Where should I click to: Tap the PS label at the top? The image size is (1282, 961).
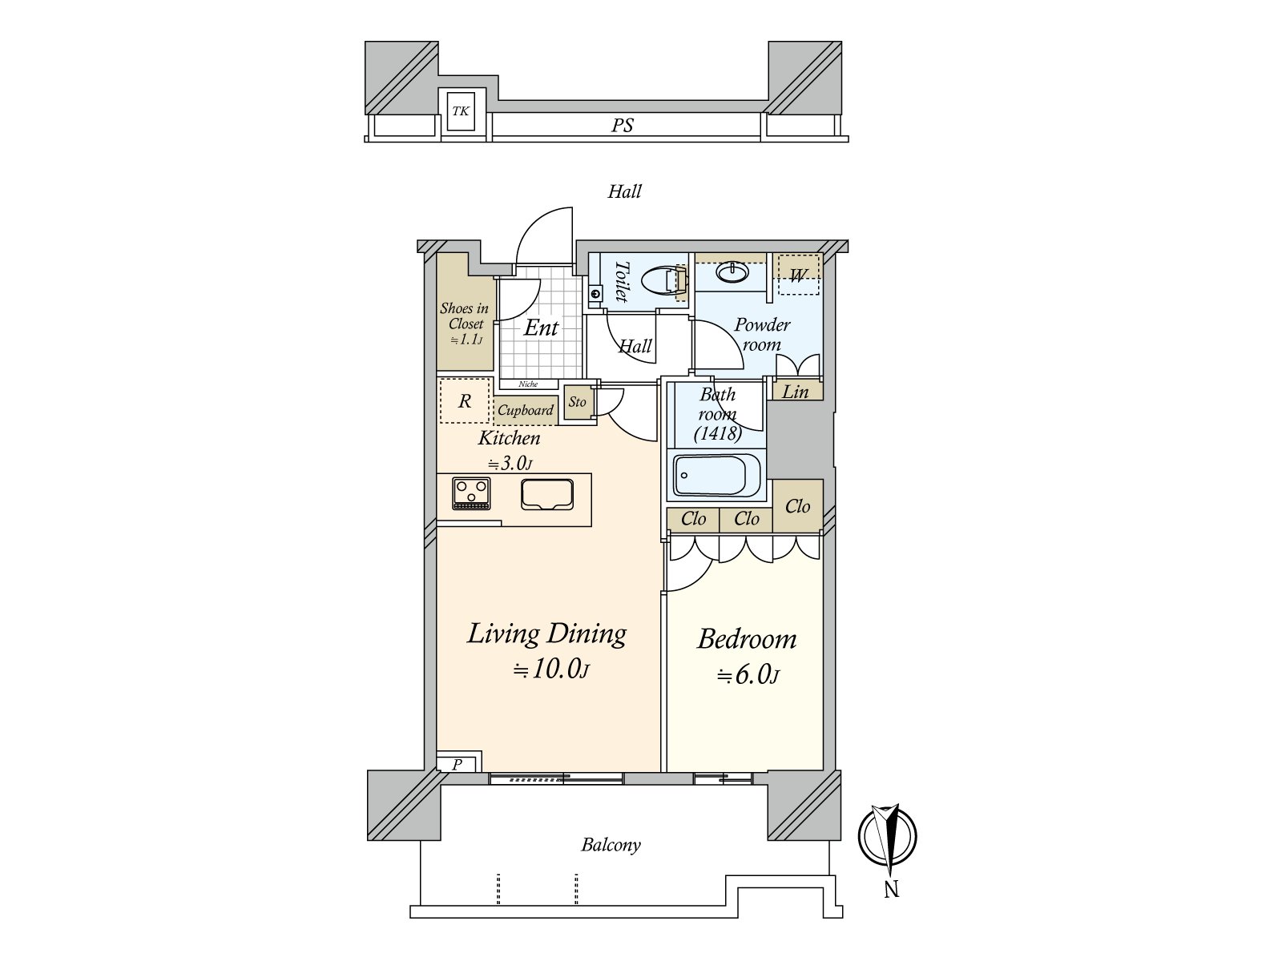[622, 126]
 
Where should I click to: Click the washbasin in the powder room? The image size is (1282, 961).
[732, 272]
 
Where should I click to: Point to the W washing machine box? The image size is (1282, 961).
[798, 274]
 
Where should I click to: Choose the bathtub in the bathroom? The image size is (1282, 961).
[716, 474]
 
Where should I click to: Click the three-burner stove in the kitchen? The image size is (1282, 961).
[471, 493]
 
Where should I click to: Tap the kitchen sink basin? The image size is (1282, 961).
[547, 495]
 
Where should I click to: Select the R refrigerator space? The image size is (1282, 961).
[464, 400]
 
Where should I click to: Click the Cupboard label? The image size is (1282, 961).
[525, 410]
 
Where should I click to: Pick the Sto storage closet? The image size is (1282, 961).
[577, 401]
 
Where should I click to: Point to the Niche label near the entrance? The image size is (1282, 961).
[528, 384]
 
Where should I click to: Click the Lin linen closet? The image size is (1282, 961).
[797, 391]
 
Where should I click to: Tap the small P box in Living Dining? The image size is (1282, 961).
[458, 764]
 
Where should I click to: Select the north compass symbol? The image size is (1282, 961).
[887, 837]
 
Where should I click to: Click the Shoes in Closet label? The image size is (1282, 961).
[464, 324]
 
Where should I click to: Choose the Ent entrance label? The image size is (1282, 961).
[541, 328]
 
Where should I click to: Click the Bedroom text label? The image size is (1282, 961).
[747, 639]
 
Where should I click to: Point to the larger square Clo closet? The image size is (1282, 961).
[798, 506]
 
